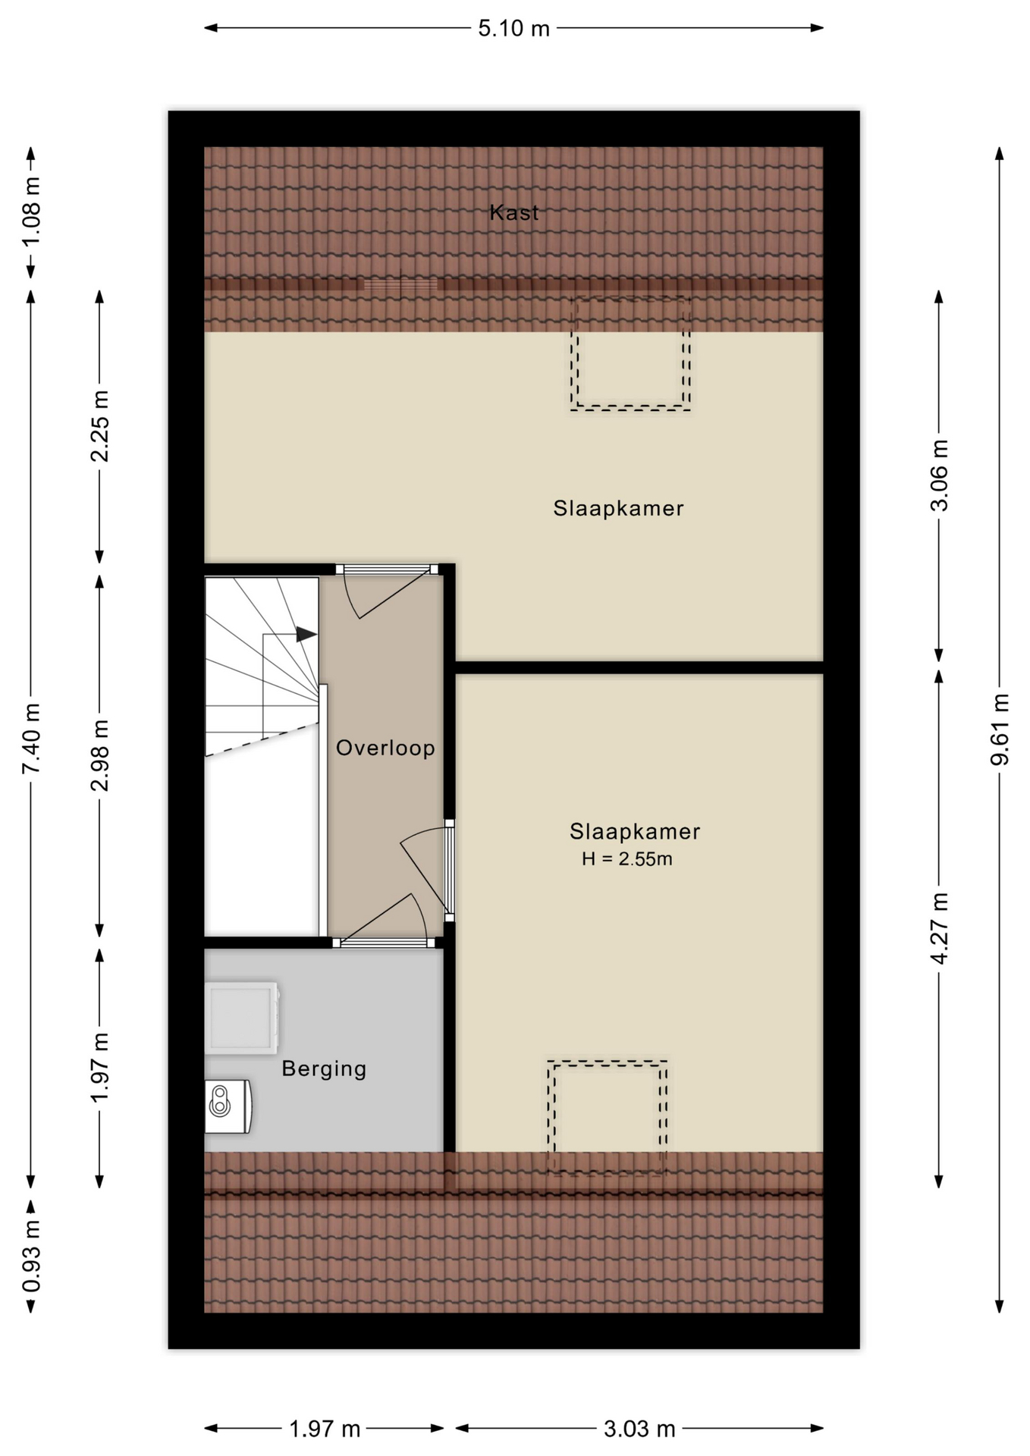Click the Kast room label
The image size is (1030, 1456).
point(514,212)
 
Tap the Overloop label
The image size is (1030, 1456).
point(385,748)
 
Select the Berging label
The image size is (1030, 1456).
point(324,1068)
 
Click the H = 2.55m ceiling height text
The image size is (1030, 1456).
point(626,859)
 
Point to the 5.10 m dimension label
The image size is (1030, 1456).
point(513,28)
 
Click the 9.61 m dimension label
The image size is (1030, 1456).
point(1000,729)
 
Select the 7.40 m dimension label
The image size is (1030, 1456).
point(31,738)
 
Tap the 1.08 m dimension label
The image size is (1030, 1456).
point(31,212)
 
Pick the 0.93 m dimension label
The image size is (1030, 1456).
point(31,1257)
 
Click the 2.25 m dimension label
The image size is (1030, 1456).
point(99,426)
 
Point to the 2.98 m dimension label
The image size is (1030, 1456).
point(99,755)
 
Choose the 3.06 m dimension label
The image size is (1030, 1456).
point(939,475)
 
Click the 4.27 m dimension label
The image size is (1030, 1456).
point(939,928)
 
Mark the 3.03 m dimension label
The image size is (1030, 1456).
point(639,1429)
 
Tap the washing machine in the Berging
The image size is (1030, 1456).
point(242,1018)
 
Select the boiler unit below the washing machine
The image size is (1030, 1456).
point(228,1106)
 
